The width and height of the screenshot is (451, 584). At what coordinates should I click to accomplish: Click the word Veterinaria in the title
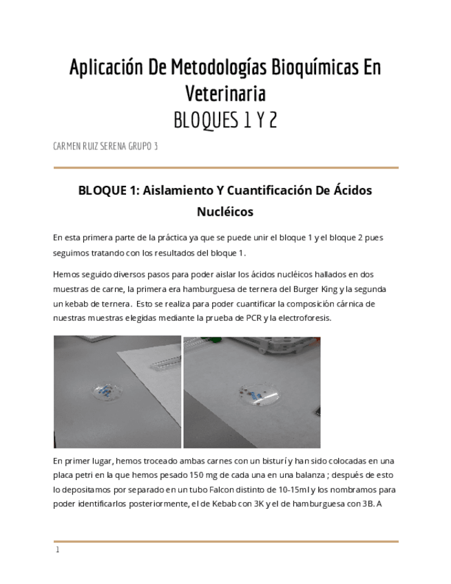pyautogui.click(x=225, y=93)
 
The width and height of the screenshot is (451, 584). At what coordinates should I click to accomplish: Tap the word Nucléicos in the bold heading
pyautogui.click(x=225, y=212)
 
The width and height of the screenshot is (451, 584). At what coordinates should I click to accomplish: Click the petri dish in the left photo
pyautogui.click(x=107, y=391)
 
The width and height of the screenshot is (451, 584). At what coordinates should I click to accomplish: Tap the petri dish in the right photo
pyautogui.click(x=259, y=395)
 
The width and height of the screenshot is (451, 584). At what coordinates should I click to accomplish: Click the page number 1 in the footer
pyautogui.click(x=58, y=550)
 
